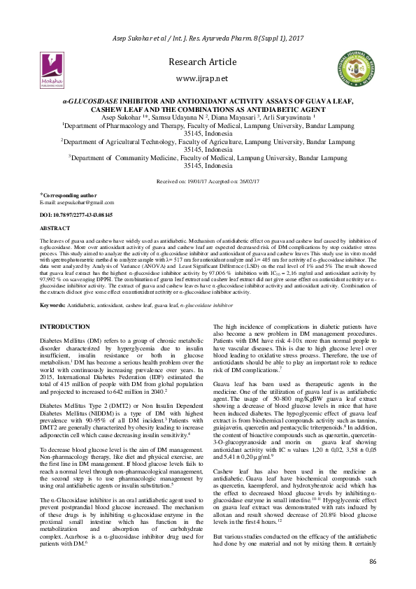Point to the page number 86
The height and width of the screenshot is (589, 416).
(x=373, y=563)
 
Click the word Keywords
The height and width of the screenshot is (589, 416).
(x=52, y=306)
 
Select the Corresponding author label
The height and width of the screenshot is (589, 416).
(x=59, y=195)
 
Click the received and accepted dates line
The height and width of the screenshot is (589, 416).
(x=208, y=180)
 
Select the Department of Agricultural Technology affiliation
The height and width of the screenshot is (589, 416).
(x=208, y=145)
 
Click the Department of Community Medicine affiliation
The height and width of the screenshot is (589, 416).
(x=208, y=162)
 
